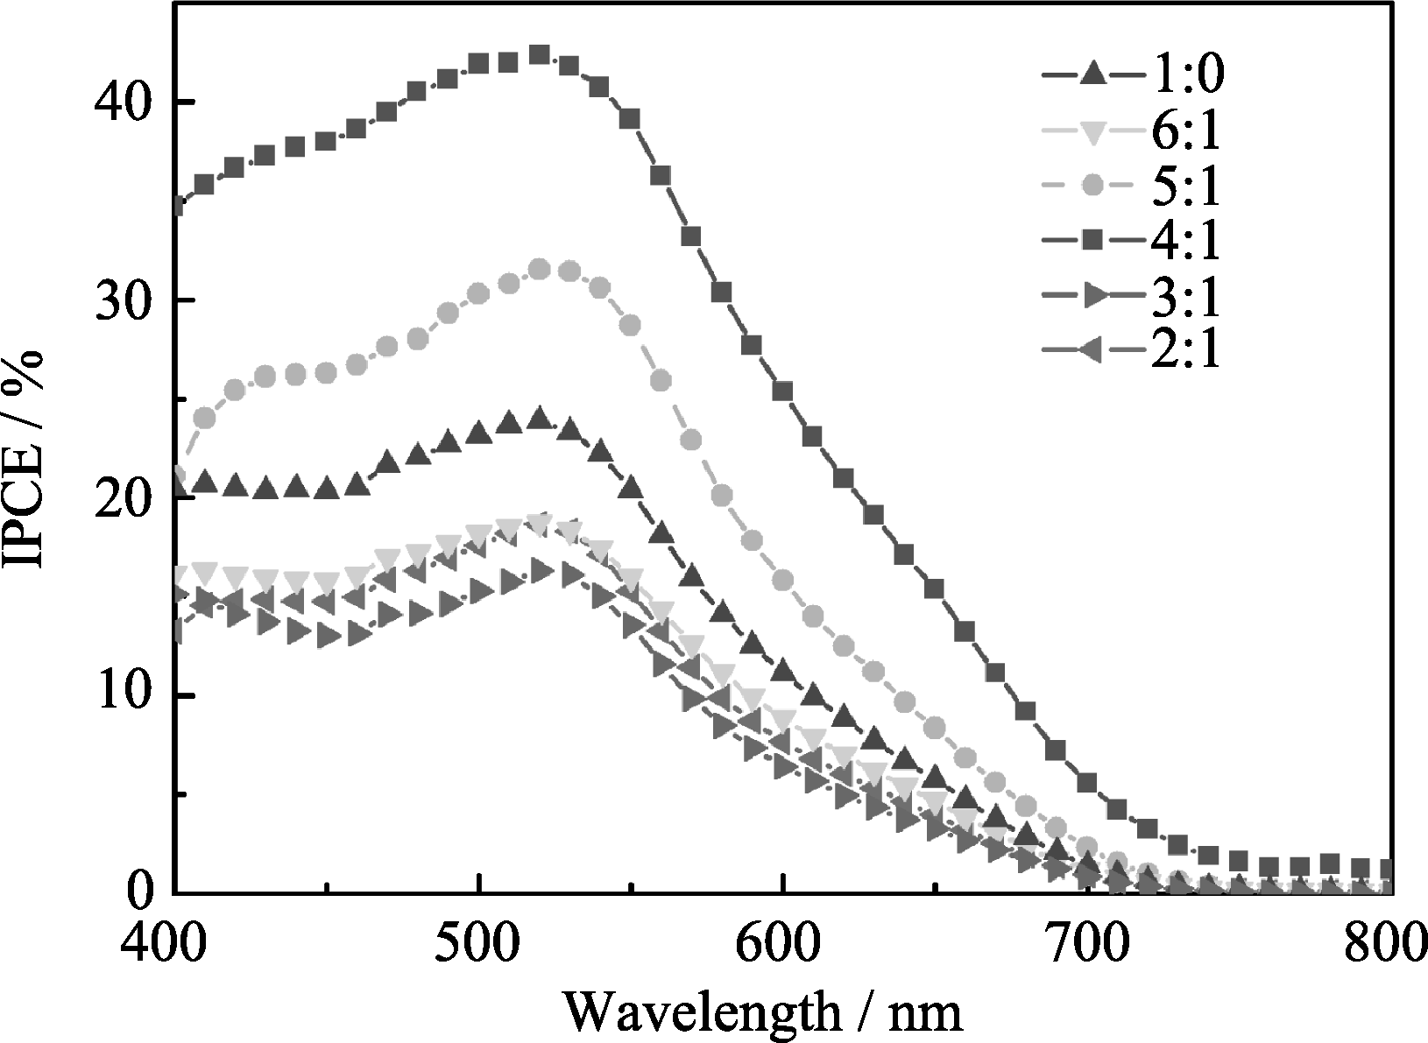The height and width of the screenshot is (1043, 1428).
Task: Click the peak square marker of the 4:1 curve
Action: pos(540,55)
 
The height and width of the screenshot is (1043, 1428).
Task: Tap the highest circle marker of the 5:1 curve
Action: pos(540,270)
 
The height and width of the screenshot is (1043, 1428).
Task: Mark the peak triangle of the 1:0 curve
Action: pos(540,418)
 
